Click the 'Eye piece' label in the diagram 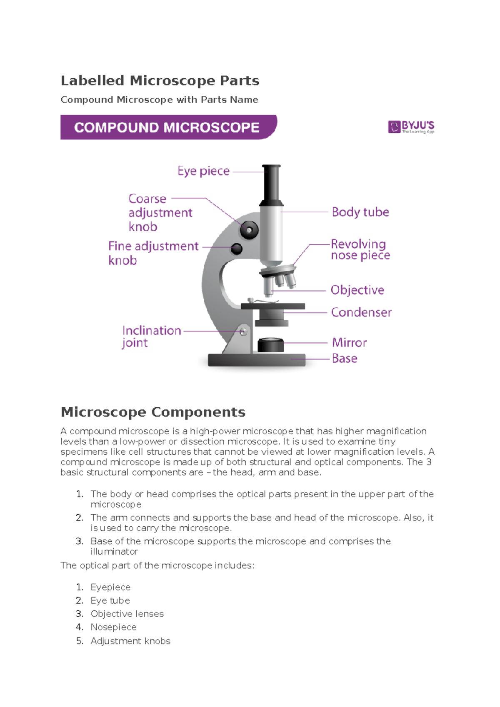coord(203,171)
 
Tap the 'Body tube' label coord(360,212)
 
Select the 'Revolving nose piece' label coord(360,249)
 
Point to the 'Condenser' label coord(361,312)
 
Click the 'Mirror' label coord(349,343)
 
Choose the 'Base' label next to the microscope coord(345,358)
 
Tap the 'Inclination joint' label coord(151,336)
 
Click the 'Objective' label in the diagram coord(357,290)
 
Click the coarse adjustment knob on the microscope coord(249,229)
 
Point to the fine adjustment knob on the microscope coord(237,249)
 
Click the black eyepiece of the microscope coord(271,183)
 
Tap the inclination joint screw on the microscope coord(243,332)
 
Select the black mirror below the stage coord(271,345)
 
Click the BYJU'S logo coord(411,127)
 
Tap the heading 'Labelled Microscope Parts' coord(160,80)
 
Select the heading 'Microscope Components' coord(153,412)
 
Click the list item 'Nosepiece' coord(113,627)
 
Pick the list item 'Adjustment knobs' coord(130,641)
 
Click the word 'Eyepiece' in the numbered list coord(110,587)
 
